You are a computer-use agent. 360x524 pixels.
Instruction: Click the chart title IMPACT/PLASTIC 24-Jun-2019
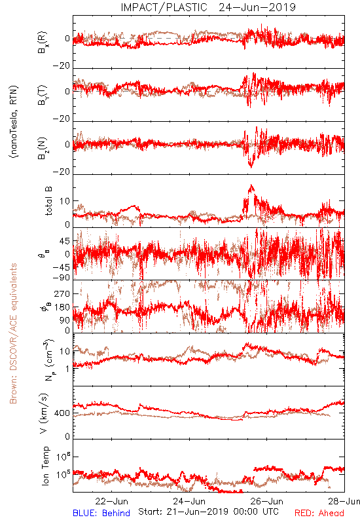[x=208, y=7]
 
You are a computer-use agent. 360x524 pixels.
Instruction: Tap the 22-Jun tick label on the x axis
[x=111, y=501]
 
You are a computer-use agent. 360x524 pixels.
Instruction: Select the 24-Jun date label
[x=189, y=501]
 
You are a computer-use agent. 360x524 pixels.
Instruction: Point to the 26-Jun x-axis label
[x=267, y=501]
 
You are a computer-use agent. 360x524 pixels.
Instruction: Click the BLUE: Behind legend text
[x=101, y=513]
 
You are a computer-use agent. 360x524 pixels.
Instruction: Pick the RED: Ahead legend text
[x=319, y=513]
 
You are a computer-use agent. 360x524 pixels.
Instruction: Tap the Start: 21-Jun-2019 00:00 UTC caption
[x=208, y=512]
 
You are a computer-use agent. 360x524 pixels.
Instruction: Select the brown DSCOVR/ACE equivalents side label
[x=13, y=333]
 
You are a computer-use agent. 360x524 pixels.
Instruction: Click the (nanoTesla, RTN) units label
[x=14, y=122]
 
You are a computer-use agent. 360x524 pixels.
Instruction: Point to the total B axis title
[x=48, y=201]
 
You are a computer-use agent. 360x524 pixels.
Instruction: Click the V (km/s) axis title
[x=44, y=413]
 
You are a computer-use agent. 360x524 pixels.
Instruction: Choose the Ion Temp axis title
[x=45, y=466]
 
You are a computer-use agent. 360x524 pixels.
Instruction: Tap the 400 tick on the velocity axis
[x=62, y=413]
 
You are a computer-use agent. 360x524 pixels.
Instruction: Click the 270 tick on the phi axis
[x=62, y=293]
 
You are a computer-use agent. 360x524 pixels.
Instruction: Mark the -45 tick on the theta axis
[x=62, y=267]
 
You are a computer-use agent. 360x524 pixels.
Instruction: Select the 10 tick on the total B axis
[x=65, y=201]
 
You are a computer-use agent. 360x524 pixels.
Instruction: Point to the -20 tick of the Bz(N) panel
[x=62, y=172]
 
